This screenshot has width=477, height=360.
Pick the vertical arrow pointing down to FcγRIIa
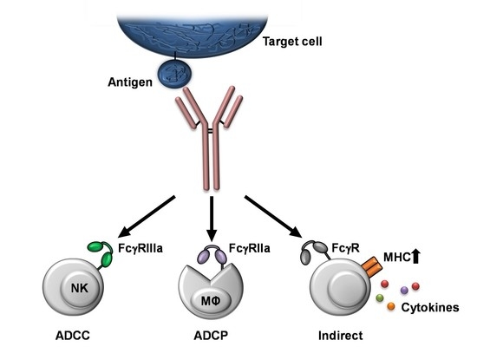[211, 222]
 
